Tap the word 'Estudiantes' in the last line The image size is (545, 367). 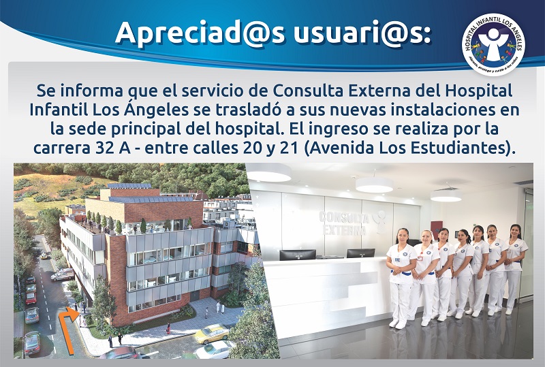[x=456, y=146]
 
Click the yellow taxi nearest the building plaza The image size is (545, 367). [x=211, y=333]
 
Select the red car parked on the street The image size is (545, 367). [x=31, y=298]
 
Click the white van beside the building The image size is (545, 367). [x=63, y=274]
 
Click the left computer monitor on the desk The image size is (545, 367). [x=298, y=255]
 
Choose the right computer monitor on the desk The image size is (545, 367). [x=360, y=253]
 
